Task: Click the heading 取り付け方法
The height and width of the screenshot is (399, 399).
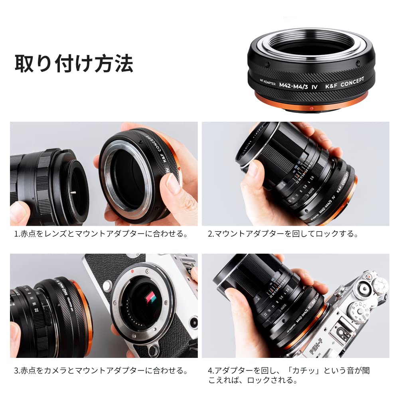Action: [74, 63]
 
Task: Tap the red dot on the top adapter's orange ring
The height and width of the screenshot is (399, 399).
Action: [312, 109]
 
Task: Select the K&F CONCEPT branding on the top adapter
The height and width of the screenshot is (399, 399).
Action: [344, 81]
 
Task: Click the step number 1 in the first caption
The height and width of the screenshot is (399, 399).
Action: [16, 234]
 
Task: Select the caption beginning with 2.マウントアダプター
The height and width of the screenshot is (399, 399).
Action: [283, 234]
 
